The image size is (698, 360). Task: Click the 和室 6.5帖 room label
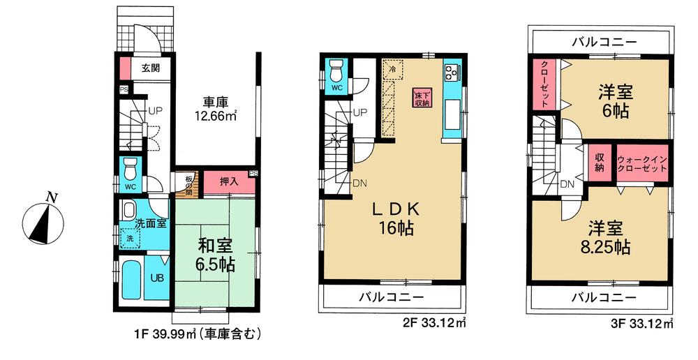[214, 255]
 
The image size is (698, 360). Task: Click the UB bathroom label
[158, 276]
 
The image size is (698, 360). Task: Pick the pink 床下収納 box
[421, 98]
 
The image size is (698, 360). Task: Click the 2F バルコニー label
[391, 298]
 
